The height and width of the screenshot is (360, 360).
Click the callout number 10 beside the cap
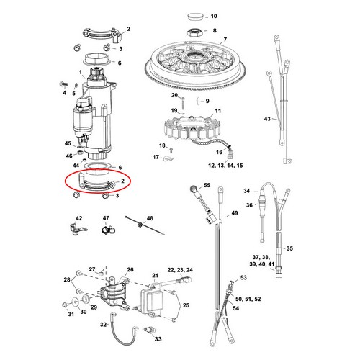(213, 15)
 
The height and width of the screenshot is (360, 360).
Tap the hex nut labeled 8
(194, 31)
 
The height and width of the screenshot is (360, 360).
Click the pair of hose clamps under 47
(107, 230)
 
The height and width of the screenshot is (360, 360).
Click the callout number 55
(207, 185)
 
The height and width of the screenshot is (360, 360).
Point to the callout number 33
(158, 338)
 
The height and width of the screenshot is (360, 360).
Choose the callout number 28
(67, 279)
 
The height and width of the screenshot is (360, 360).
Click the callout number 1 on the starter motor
(80, 73)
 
